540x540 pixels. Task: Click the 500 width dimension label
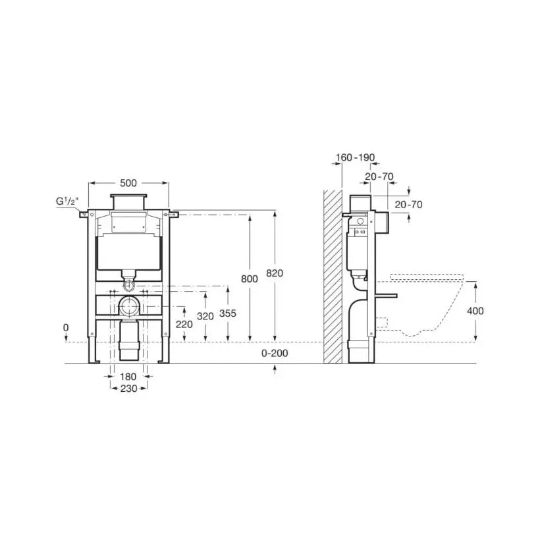click(x=128, y=183)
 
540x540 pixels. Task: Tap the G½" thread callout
click(x=67, y=201)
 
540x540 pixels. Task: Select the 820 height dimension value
click(x=275, y=273)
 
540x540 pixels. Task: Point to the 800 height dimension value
click(x=250, y=279)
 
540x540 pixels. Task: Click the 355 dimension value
click(x=228, y=313)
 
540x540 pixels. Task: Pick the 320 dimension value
click(x=205, y=316)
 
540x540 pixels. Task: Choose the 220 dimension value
click(x=184, y=324)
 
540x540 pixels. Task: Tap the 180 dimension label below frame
click(x=128, y=377)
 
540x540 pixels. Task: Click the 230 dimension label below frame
click(x=129, y=389)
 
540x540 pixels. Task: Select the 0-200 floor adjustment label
click(x=275, y=353)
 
